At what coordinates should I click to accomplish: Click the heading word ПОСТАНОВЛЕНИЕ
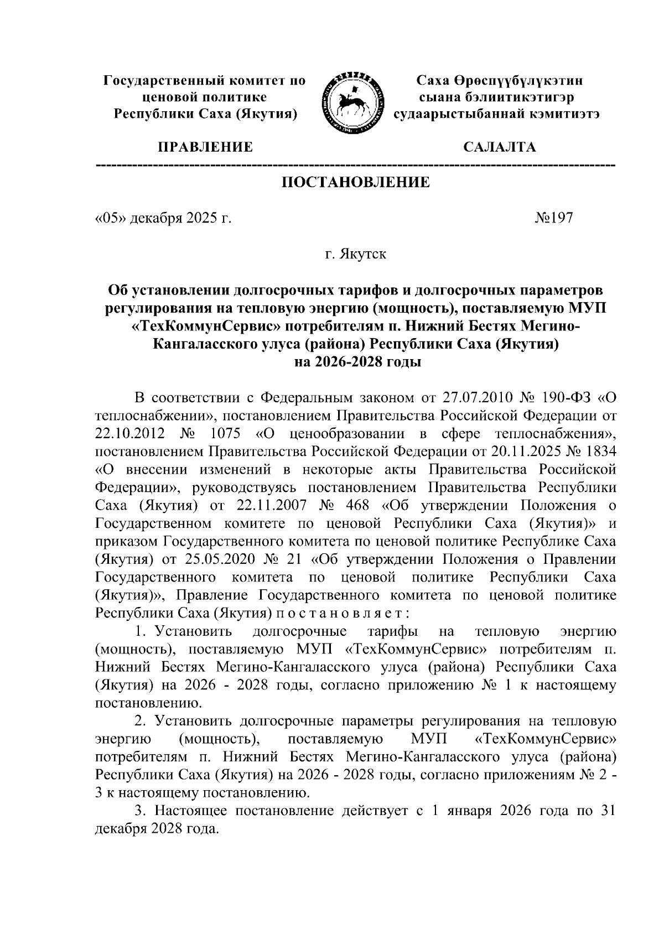coord(356,183)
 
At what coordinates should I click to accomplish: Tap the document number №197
coord(553,218)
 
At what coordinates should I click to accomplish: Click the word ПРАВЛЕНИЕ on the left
coord(205,147)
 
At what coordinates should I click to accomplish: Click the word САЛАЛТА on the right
coord(499,147)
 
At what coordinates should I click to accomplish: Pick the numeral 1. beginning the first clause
coord(141,631)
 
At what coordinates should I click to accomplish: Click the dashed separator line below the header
coord(355,165)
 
